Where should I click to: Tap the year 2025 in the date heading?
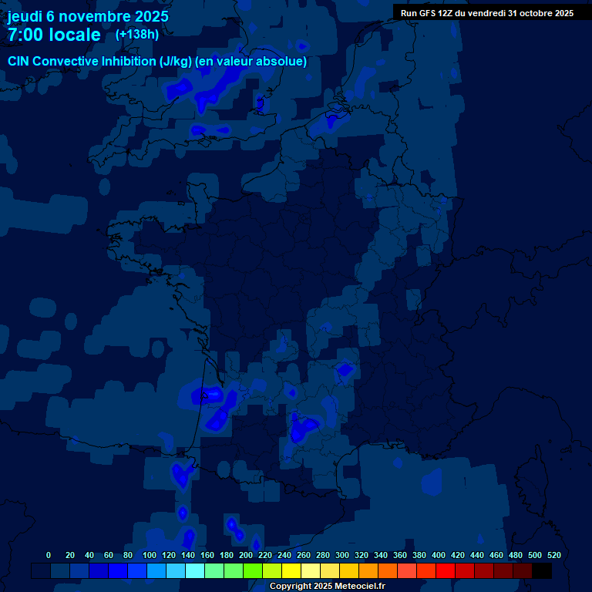tap(150, 15)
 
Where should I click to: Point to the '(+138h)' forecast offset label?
tap(137, 34)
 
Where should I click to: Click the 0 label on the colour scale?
tap(49, 555)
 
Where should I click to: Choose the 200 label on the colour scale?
tap(245, 555)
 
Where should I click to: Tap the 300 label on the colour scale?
tap(341, 555)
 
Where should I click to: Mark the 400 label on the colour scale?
tap(438, 555)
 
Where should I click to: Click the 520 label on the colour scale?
tap(553, 555)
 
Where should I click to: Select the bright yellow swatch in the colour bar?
tap(291, 570)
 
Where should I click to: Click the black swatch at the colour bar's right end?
tap(542, 570)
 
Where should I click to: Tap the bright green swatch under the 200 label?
tap(253, 570)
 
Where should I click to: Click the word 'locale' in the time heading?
tap(72, 35)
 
